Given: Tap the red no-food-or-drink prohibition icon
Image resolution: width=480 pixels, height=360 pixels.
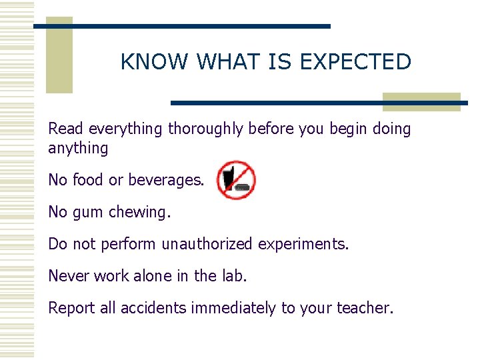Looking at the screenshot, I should [235, 180].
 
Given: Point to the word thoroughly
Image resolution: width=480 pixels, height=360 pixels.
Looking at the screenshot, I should [206, 129].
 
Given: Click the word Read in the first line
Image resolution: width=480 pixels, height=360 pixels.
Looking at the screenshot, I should [66, 129].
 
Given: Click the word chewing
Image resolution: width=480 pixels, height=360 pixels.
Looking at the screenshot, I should [142, 212].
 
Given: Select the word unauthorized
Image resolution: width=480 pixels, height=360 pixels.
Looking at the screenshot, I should [207, 244].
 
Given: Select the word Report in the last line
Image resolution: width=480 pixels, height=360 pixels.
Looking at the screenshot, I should [71, 308].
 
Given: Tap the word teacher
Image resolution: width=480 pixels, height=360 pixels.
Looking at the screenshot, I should [365, 308].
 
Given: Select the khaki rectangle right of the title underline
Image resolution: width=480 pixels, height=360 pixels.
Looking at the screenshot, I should [421, 101].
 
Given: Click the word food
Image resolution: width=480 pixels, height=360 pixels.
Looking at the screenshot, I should [88, 180].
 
